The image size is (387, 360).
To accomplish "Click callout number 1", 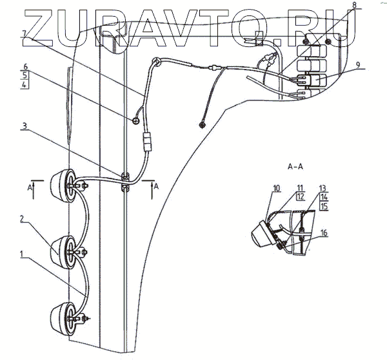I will point(23,254).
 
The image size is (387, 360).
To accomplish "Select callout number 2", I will point(23,220).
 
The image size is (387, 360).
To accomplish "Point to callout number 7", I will point(23,33).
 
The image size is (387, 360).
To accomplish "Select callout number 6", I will point(23,66).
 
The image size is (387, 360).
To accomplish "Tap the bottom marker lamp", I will point(64,316).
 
